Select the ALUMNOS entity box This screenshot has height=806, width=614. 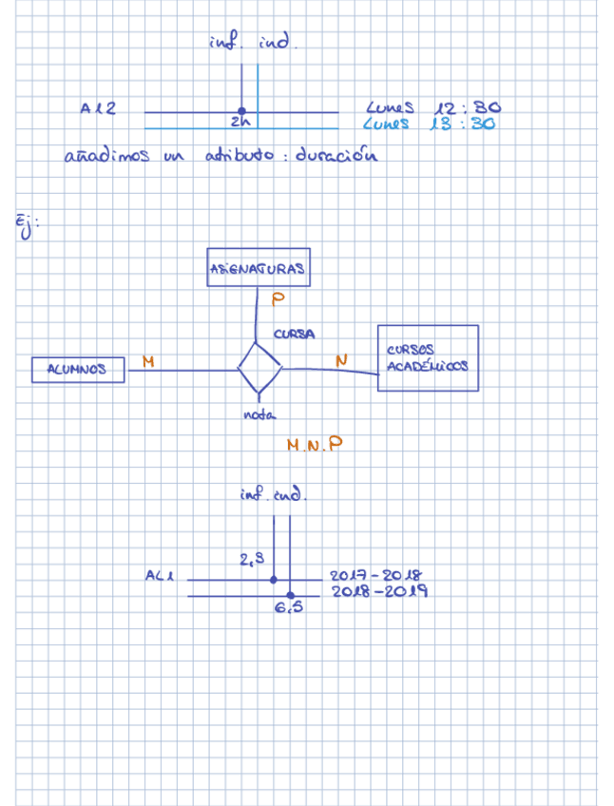[78, 369]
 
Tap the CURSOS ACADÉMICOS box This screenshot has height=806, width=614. [428, 357]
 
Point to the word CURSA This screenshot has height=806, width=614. [294, 334]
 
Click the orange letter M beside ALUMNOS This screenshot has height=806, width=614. [148, 360]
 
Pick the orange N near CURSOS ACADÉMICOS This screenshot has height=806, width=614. [340, 358]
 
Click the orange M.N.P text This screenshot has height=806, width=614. [314, 444]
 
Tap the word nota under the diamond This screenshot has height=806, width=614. [259, 414]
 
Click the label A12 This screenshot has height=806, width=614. [98, 108]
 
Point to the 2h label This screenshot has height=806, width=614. [238, 123]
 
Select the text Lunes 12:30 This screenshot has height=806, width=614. [432, 108]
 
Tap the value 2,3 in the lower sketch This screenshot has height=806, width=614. [251, 560]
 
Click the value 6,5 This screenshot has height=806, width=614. [289, 608]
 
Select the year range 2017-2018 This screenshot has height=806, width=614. [374, 576]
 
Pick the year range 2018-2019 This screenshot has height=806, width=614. [379, 591]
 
